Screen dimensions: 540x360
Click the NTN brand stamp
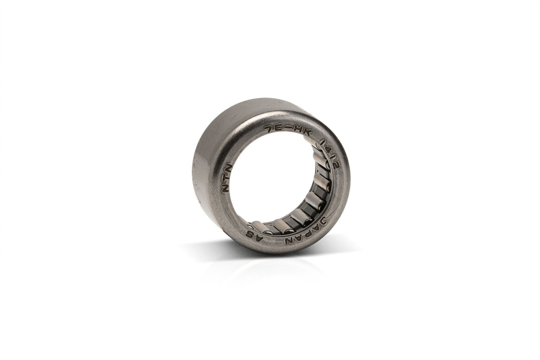[x=227, y=178]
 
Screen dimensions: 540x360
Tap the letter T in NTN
[x=226, y=178]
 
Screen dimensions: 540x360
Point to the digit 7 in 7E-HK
[x=267, y=128]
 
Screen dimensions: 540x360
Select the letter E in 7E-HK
[x=277, y=127]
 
